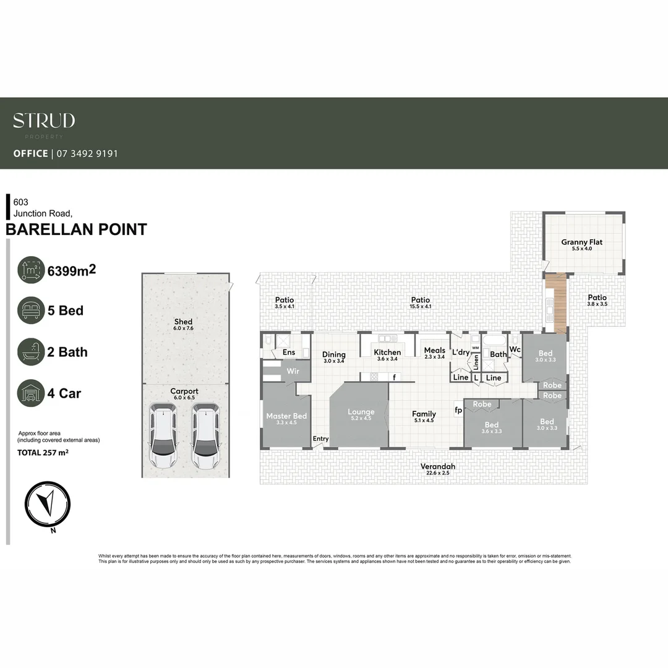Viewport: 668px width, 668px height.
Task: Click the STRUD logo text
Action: (x=44, y=121)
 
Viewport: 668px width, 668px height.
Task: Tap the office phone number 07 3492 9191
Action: (x=87, y=153)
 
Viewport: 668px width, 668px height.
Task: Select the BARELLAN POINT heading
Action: (x=76, y=229)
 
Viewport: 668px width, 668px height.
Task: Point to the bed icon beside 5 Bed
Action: (x=31, y=310)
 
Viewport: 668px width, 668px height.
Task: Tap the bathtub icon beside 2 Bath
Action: (x=31, y=352)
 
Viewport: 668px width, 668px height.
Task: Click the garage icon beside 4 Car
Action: (x=31, y=393)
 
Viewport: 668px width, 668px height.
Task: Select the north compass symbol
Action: (x=48, y=504)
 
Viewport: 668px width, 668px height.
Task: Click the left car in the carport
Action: (x=163, y=436)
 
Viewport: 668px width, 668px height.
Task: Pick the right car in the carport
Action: (x=205, y=436)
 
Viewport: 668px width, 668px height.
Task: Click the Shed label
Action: (x=183, y=322)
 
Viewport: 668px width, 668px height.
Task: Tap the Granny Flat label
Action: (x=581, y=242)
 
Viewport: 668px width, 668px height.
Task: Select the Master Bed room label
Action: (x=286, y=416)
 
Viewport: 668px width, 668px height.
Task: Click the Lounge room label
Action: (x=361, y=412)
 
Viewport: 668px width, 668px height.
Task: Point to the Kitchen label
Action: (x=387, y=353)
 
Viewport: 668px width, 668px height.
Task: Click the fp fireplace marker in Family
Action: (x=458, y=409)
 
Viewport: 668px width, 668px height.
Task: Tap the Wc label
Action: (x=515, y=349)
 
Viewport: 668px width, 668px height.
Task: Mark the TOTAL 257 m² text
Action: (x=42, y=453)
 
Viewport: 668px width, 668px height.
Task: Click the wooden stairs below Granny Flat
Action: (x=557, y=304)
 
